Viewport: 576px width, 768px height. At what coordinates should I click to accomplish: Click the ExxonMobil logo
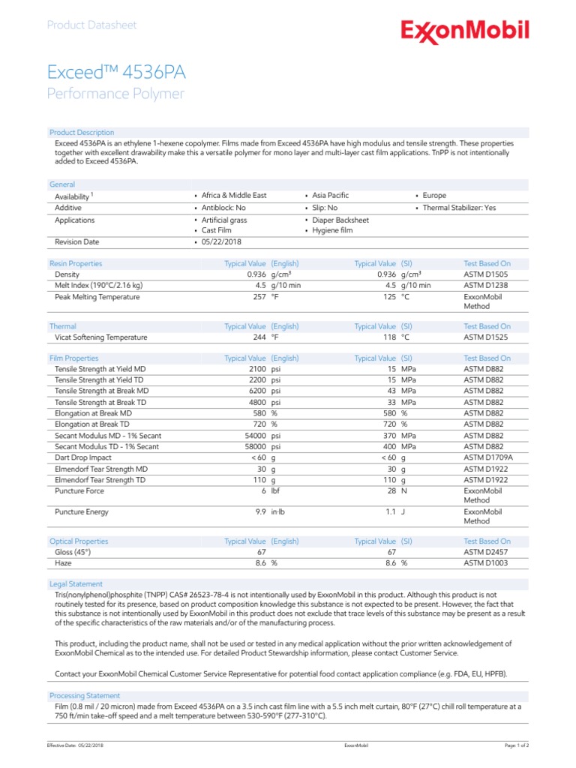(x=464, y=31)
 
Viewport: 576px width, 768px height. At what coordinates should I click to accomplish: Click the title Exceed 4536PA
(x=116, y=73)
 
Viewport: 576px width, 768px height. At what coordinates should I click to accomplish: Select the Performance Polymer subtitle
(x=115, y=94)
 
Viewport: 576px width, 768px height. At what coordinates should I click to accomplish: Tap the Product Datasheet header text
(x=91, y=25)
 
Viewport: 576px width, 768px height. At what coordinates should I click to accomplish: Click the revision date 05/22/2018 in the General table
(x=222, y=242)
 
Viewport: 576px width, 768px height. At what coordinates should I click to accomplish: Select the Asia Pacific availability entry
(x=330, y=195)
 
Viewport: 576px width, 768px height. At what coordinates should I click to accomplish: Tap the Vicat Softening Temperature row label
(x=101, y=337)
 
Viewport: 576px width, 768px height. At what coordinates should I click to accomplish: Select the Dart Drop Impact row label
(x=83, y=457)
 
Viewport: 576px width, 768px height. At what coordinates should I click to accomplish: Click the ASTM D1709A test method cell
(x=488, y=457)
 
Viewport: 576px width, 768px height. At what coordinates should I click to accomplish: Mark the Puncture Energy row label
(x=82, y=512)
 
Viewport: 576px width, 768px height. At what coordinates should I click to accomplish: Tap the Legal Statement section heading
(x=76, y=583)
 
